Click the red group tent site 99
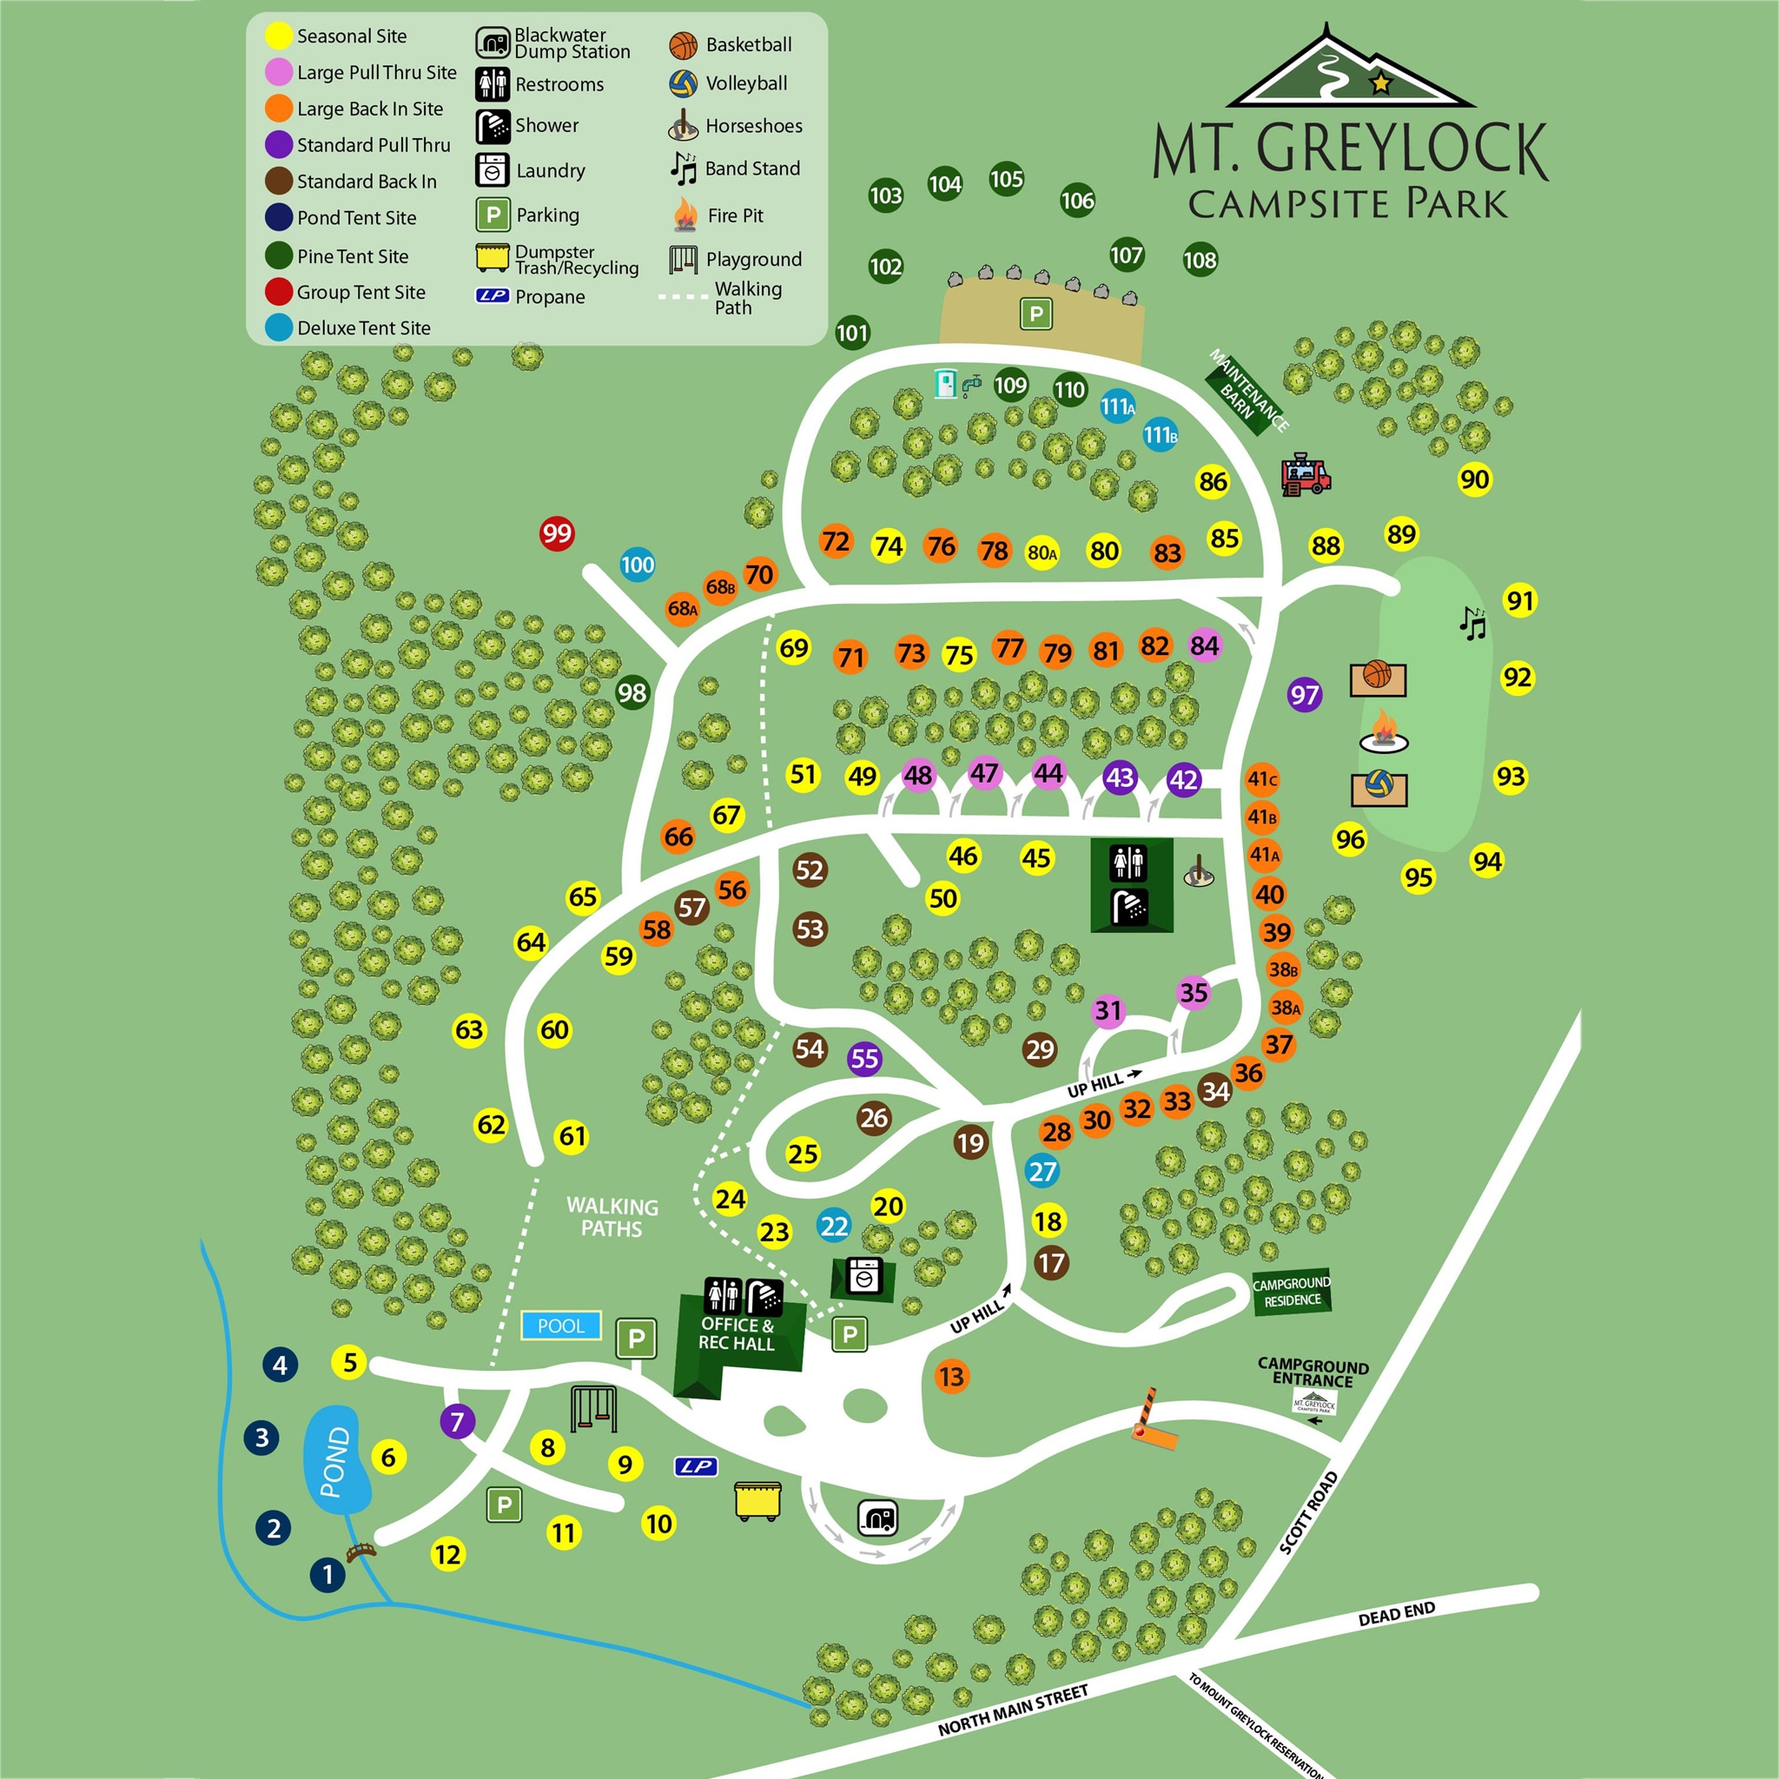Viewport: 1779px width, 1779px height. [556, 533]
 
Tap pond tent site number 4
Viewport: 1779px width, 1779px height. [280, 1365]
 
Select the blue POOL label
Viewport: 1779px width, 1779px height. [561, 1326]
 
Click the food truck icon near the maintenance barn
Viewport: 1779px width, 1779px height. [1305, 474]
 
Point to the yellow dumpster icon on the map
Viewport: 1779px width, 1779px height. [757, 1500]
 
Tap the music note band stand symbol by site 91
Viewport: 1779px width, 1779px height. [1472, 624]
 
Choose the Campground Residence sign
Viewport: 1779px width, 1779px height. [1291, 1292]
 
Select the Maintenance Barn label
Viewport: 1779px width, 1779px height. [1247, 390]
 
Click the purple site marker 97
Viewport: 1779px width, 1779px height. [1304, 694]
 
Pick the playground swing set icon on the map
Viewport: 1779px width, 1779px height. [594, 1408]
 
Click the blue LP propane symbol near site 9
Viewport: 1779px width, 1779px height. [695, 1467]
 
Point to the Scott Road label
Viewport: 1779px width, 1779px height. [1308, 1513]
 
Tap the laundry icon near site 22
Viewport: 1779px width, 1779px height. [863, 1278]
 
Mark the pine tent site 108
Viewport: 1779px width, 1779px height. [1200, 260]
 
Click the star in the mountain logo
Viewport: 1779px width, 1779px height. [1380, 83]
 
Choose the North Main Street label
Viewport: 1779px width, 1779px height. [1013, 1710]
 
